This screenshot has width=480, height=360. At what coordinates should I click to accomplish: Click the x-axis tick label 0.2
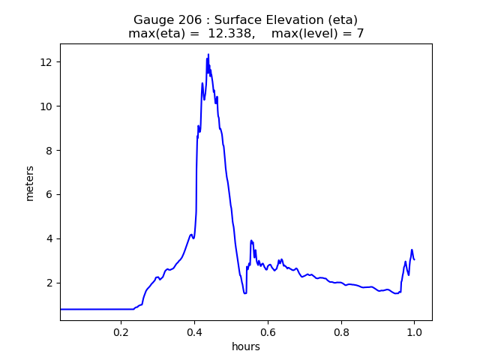click(x=121, y=331)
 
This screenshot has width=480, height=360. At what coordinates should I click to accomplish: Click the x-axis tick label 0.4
click(x=194, y=331)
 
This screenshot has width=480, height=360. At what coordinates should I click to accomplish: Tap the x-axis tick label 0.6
click(x=268, y=331)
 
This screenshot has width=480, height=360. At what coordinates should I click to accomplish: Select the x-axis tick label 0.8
click(x=340, y=331)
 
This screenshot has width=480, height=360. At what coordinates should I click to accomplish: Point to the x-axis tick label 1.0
click(x=414, y=331)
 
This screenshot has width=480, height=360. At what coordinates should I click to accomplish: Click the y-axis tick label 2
click(x=50, y=283)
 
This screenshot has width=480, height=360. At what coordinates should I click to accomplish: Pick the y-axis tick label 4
click(x=50, y=238)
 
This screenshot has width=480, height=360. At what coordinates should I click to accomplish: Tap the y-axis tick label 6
click(x=50, y=194)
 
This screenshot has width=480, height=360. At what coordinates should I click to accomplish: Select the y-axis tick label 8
click(x=50, y=150)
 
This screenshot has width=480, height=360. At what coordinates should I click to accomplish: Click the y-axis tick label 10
click(x=47, y=106)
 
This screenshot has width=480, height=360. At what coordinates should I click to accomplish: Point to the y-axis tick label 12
click(x=47, y=61)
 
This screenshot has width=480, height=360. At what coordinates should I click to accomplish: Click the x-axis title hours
click(x=246, y=346)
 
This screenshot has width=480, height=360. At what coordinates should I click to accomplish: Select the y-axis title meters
click(x=30, y=182)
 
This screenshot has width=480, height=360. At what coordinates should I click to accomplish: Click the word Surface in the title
click(x=237, y=20)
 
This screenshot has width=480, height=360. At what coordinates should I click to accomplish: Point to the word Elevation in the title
click(x=290, y=20)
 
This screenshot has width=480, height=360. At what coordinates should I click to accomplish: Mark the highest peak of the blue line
click(x=208, y=54)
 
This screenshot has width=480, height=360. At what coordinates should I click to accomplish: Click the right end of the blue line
click(x=414, y=259)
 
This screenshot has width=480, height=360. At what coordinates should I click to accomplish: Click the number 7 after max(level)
click(x=360, y=34)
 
